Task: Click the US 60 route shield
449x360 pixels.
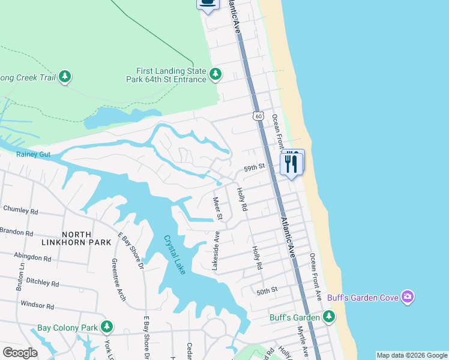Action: [x=258, y=115]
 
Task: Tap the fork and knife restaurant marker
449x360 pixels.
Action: [x=292, y=163]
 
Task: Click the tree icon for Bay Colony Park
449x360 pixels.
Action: [x=107, y=327]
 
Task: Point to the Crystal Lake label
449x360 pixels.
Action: [x=175, y=254]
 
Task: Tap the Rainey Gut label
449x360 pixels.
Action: [x=34, y=155]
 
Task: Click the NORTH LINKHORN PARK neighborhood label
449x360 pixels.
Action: [x=76, y=238]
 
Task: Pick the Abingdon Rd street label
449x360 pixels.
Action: [x=32, y=257]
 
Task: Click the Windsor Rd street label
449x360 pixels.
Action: [x=37, y=305]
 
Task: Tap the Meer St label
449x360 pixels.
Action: [x=218, y=208]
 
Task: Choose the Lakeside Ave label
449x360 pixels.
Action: [x=215, y=251]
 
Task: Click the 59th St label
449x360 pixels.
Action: [x=254, y=169]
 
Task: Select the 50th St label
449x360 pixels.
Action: [x=267, y=290]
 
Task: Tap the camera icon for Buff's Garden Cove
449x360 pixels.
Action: [x=408, y=296]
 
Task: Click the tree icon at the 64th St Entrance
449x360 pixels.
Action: [x=215, y=74]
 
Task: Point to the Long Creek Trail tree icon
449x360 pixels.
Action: [x=65, y=77]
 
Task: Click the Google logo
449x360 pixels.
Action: [x=20, y=353]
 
